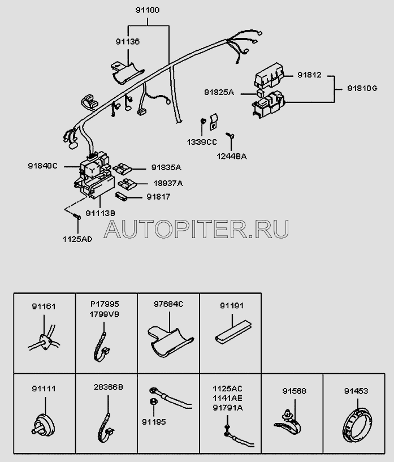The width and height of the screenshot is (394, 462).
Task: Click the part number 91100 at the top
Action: point(149,10)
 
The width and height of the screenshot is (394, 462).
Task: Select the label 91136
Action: point(128,41)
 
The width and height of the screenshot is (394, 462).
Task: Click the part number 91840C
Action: point(44,165)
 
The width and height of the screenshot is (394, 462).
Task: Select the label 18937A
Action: point(168,183)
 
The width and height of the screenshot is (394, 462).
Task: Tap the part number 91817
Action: point(158,197)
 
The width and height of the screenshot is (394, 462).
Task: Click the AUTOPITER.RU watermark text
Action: point(197,228)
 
